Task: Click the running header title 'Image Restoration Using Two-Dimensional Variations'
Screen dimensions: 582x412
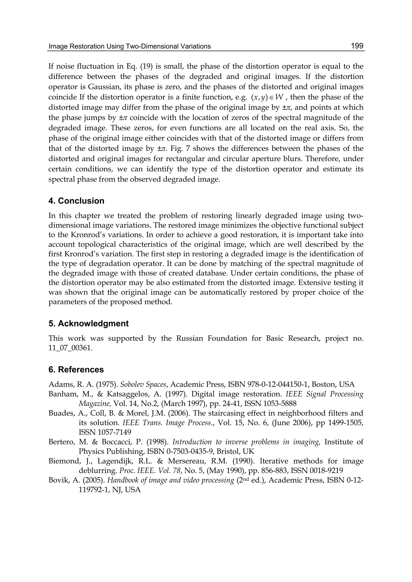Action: click(130, 46)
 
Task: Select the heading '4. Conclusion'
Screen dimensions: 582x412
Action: click(76, 201)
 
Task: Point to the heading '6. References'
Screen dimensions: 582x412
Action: click(76, 369)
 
